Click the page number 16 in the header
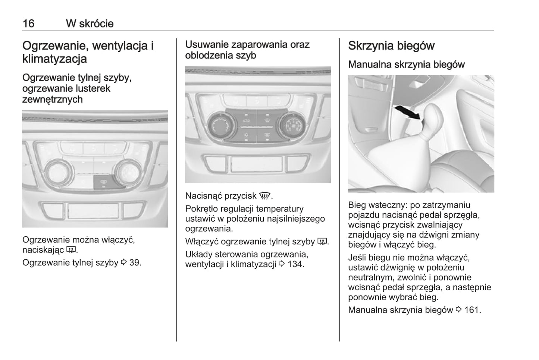click(x=28, y=23)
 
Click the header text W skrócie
click(x=90, y=23)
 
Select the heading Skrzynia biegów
click(x=391, y=46)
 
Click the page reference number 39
click(x=135, y=263)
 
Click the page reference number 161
click(x=473, y=310)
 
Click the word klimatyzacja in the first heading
click(x=54, y=59)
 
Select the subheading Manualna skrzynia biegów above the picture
click(x=406, y=65)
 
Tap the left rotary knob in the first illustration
click(x=59, y=173)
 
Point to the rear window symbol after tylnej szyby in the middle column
click(x=323, y=242)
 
